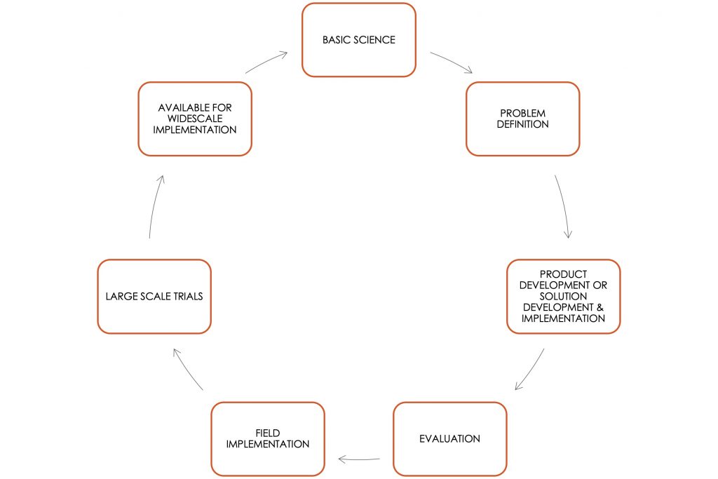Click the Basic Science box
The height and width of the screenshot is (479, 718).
(x=358, y=40)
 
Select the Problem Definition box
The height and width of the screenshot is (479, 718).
(x=522, y=119)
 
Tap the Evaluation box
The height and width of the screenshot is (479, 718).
(x=449, y=439)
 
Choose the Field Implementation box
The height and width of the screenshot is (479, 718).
(x=268, y=439)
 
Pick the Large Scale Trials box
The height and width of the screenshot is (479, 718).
(x=154, y=296)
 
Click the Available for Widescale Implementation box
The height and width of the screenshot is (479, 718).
(x=195, y=119)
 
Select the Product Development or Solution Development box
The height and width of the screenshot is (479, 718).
(x=563, y=296)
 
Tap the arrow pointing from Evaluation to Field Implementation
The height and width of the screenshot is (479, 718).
(x=359, y=459)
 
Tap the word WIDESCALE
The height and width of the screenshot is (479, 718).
(x=195, y=119)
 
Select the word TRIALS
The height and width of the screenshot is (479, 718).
(x=187, y=296)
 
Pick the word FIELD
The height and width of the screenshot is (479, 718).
(x=268, y=433)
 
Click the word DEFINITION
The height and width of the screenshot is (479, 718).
(x=522, y=124)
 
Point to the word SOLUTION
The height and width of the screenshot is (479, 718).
(x=563, y=296)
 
